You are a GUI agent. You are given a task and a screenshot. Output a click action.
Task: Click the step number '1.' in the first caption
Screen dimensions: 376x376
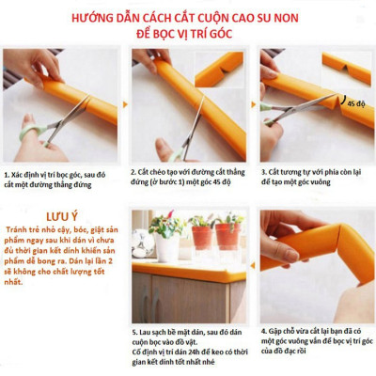[x=8, y=174]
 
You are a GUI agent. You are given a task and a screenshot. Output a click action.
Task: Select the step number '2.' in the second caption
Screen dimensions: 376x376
[x=136, y=174]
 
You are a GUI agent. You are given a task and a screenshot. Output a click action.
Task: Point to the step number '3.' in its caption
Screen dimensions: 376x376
[x=266, y=174]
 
